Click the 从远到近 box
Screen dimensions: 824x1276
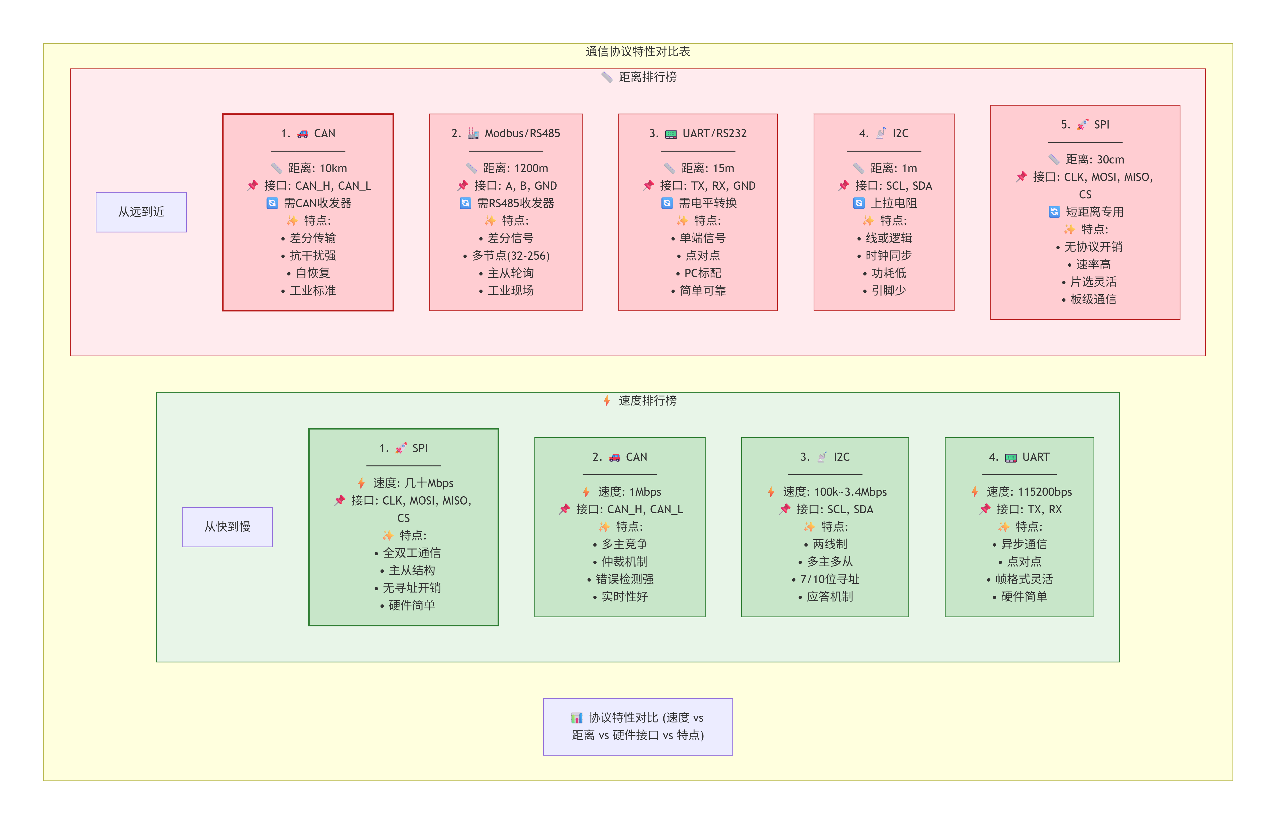click(141, 212)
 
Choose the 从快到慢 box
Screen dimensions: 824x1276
click(227, 526)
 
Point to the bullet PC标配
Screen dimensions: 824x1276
click(702, 274)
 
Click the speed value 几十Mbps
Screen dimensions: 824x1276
click(429, 483)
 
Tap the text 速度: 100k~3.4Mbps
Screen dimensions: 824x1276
click(834, 492)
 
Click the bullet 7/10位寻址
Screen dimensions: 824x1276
click(829, 579)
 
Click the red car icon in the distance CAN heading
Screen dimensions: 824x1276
click(303, 134)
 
